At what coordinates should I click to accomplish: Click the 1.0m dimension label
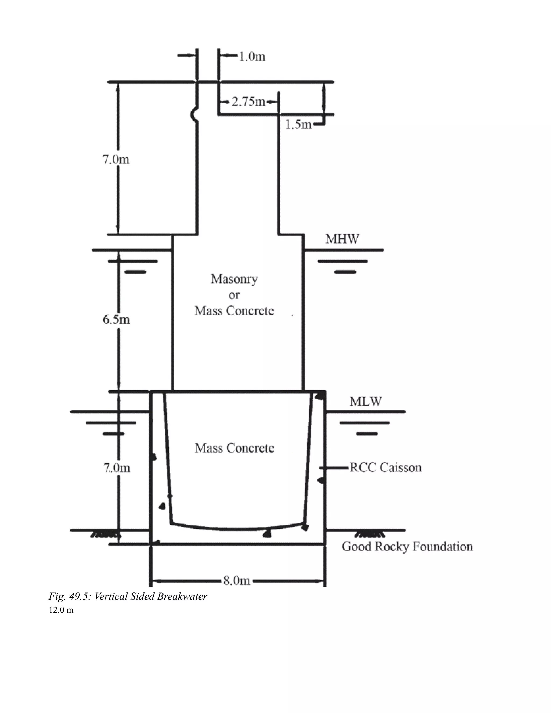point(252,57)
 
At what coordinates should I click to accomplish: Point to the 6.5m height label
point(116,319)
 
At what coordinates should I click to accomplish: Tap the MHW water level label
point(342,239)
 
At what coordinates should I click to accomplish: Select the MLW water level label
point(365,401)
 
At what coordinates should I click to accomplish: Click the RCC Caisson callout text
point(386,468)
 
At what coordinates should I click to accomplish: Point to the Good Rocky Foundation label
point(407,546)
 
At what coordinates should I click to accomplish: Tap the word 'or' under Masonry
point(234,295)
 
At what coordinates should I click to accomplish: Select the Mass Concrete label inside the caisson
point(234,448)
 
